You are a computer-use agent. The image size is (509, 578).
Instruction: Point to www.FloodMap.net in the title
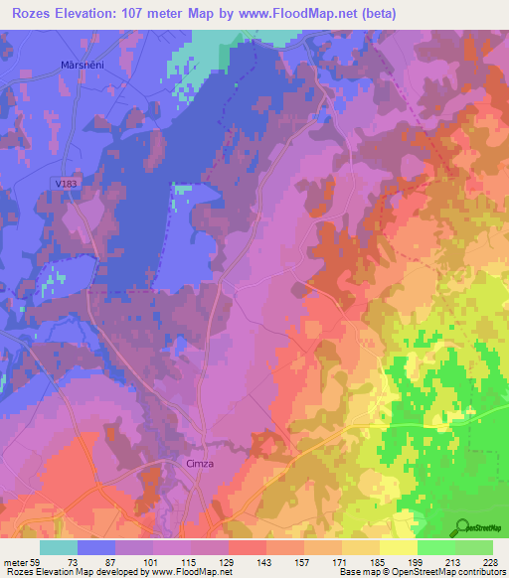click(334, 13)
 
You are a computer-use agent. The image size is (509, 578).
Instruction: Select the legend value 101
click(151, 560)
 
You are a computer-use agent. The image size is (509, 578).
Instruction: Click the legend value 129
click(229, 560)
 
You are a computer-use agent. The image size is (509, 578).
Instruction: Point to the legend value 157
click(305, 560)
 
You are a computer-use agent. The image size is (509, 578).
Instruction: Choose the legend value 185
click(382, 560)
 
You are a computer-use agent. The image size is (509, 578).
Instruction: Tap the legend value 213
click(458, 560)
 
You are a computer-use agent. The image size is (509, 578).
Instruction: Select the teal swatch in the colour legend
click(58, 547)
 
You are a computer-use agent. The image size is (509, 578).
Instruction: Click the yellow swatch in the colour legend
click(398, 547)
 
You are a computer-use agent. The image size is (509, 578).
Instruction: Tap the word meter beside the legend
click(15, 560)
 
